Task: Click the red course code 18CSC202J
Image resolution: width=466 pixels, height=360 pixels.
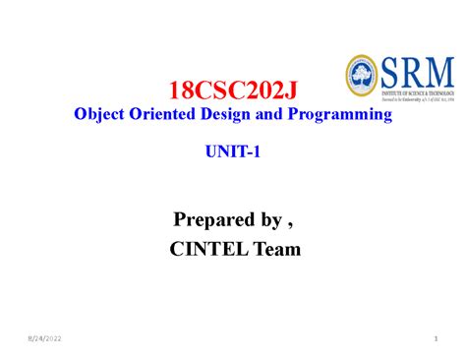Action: point(233,92)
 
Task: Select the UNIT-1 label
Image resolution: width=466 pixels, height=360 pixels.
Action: point(233,154)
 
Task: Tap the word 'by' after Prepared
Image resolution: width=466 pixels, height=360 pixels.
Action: point(270,216)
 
